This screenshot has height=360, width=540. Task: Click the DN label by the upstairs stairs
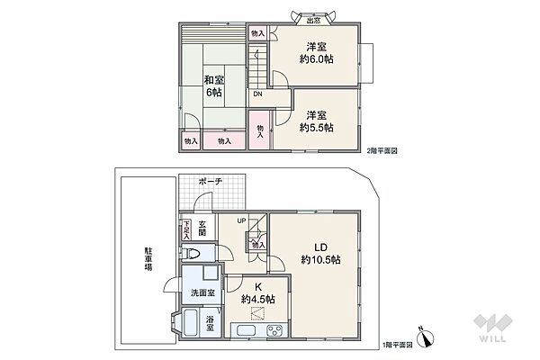coord(257,94)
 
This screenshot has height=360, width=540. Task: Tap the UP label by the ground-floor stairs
coord(241,220)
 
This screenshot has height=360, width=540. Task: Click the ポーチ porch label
coord(211,181)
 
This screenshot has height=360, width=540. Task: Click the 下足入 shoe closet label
coord(186,231)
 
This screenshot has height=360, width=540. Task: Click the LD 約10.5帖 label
coord(320,253)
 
